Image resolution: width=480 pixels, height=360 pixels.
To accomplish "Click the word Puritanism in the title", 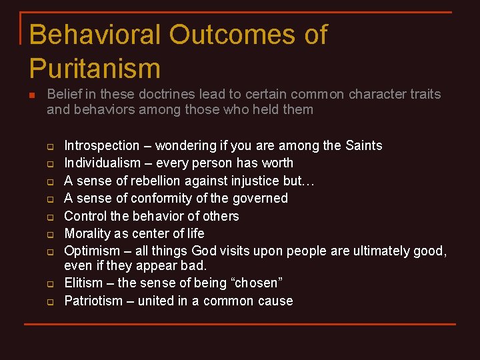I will (x=95, y=69).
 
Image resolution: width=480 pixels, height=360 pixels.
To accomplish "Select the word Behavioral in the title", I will (x=85, y=35).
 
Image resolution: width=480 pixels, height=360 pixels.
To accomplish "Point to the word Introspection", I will (x=102, y=145).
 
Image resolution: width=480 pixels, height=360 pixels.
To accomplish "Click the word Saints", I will (x=364, y=145).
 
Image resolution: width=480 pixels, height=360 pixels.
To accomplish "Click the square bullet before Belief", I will (x=31, y=95).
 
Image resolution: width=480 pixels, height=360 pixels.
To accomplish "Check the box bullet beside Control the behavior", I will (x=49, y=217).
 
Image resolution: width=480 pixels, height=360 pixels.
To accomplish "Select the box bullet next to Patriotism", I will (x=49, y=302).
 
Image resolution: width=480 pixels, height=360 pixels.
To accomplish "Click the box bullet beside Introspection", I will (x=49, y=147).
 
